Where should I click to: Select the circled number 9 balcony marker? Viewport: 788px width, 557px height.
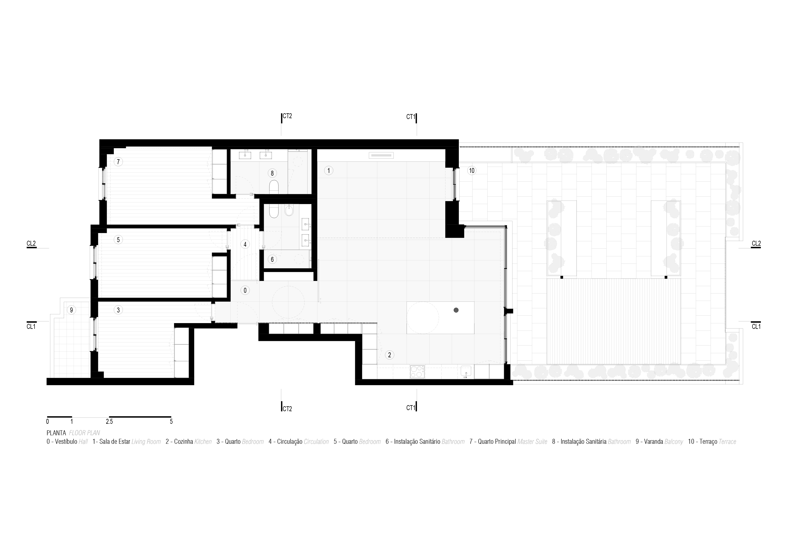71,310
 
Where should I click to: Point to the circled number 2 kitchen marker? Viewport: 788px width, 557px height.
389,355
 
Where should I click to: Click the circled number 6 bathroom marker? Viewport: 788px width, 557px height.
272,259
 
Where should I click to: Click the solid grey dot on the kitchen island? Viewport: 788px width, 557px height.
456,310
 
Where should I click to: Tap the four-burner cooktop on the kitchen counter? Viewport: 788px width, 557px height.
417,372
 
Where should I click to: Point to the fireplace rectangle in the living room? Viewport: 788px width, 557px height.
381,155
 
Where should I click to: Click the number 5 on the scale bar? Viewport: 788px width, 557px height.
171,421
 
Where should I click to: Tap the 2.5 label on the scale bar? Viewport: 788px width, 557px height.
109,421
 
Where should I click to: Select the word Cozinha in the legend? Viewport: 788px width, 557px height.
184,442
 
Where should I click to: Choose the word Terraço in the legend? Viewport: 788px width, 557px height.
708,442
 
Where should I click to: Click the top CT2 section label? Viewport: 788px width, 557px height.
287,116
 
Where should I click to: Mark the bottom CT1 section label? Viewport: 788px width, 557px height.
410,408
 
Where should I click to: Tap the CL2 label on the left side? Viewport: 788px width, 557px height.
31,244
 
